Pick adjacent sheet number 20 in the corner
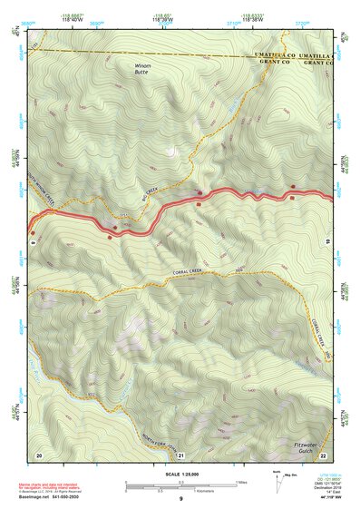(39, 454)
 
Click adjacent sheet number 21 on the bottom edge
(181, 455)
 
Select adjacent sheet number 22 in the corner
(324, 454)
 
